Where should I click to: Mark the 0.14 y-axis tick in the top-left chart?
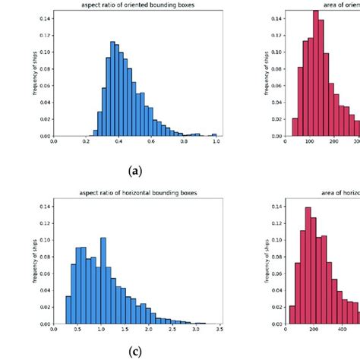pos(44,16)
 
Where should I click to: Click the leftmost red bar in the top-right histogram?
pos(295,127)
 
